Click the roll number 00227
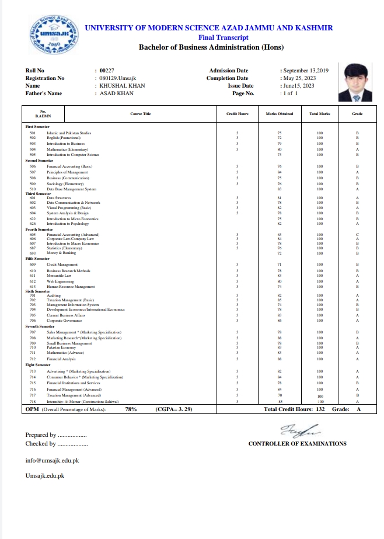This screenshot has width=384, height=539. (x=107, y=71)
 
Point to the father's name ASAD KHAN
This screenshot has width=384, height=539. (x=117, y=93)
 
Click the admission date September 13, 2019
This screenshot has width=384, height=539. (x=306, y=71)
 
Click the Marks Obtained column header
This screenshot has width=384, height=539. (x=280, y=113)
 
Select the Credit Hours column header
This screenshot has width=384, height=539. (x=238, y=113)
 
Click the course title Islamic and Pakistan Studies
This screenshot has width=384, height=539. (x=69, y=133)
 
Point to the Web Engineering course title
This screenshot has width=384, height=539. (x=60, y=281)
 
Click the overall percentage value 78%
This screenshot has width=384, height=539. (x=131, y=410)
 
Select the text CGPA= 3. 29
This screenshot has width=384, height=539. (x=174, y=410)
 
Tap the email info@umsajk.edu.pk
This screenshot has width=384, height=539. (x=52, y=460)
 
